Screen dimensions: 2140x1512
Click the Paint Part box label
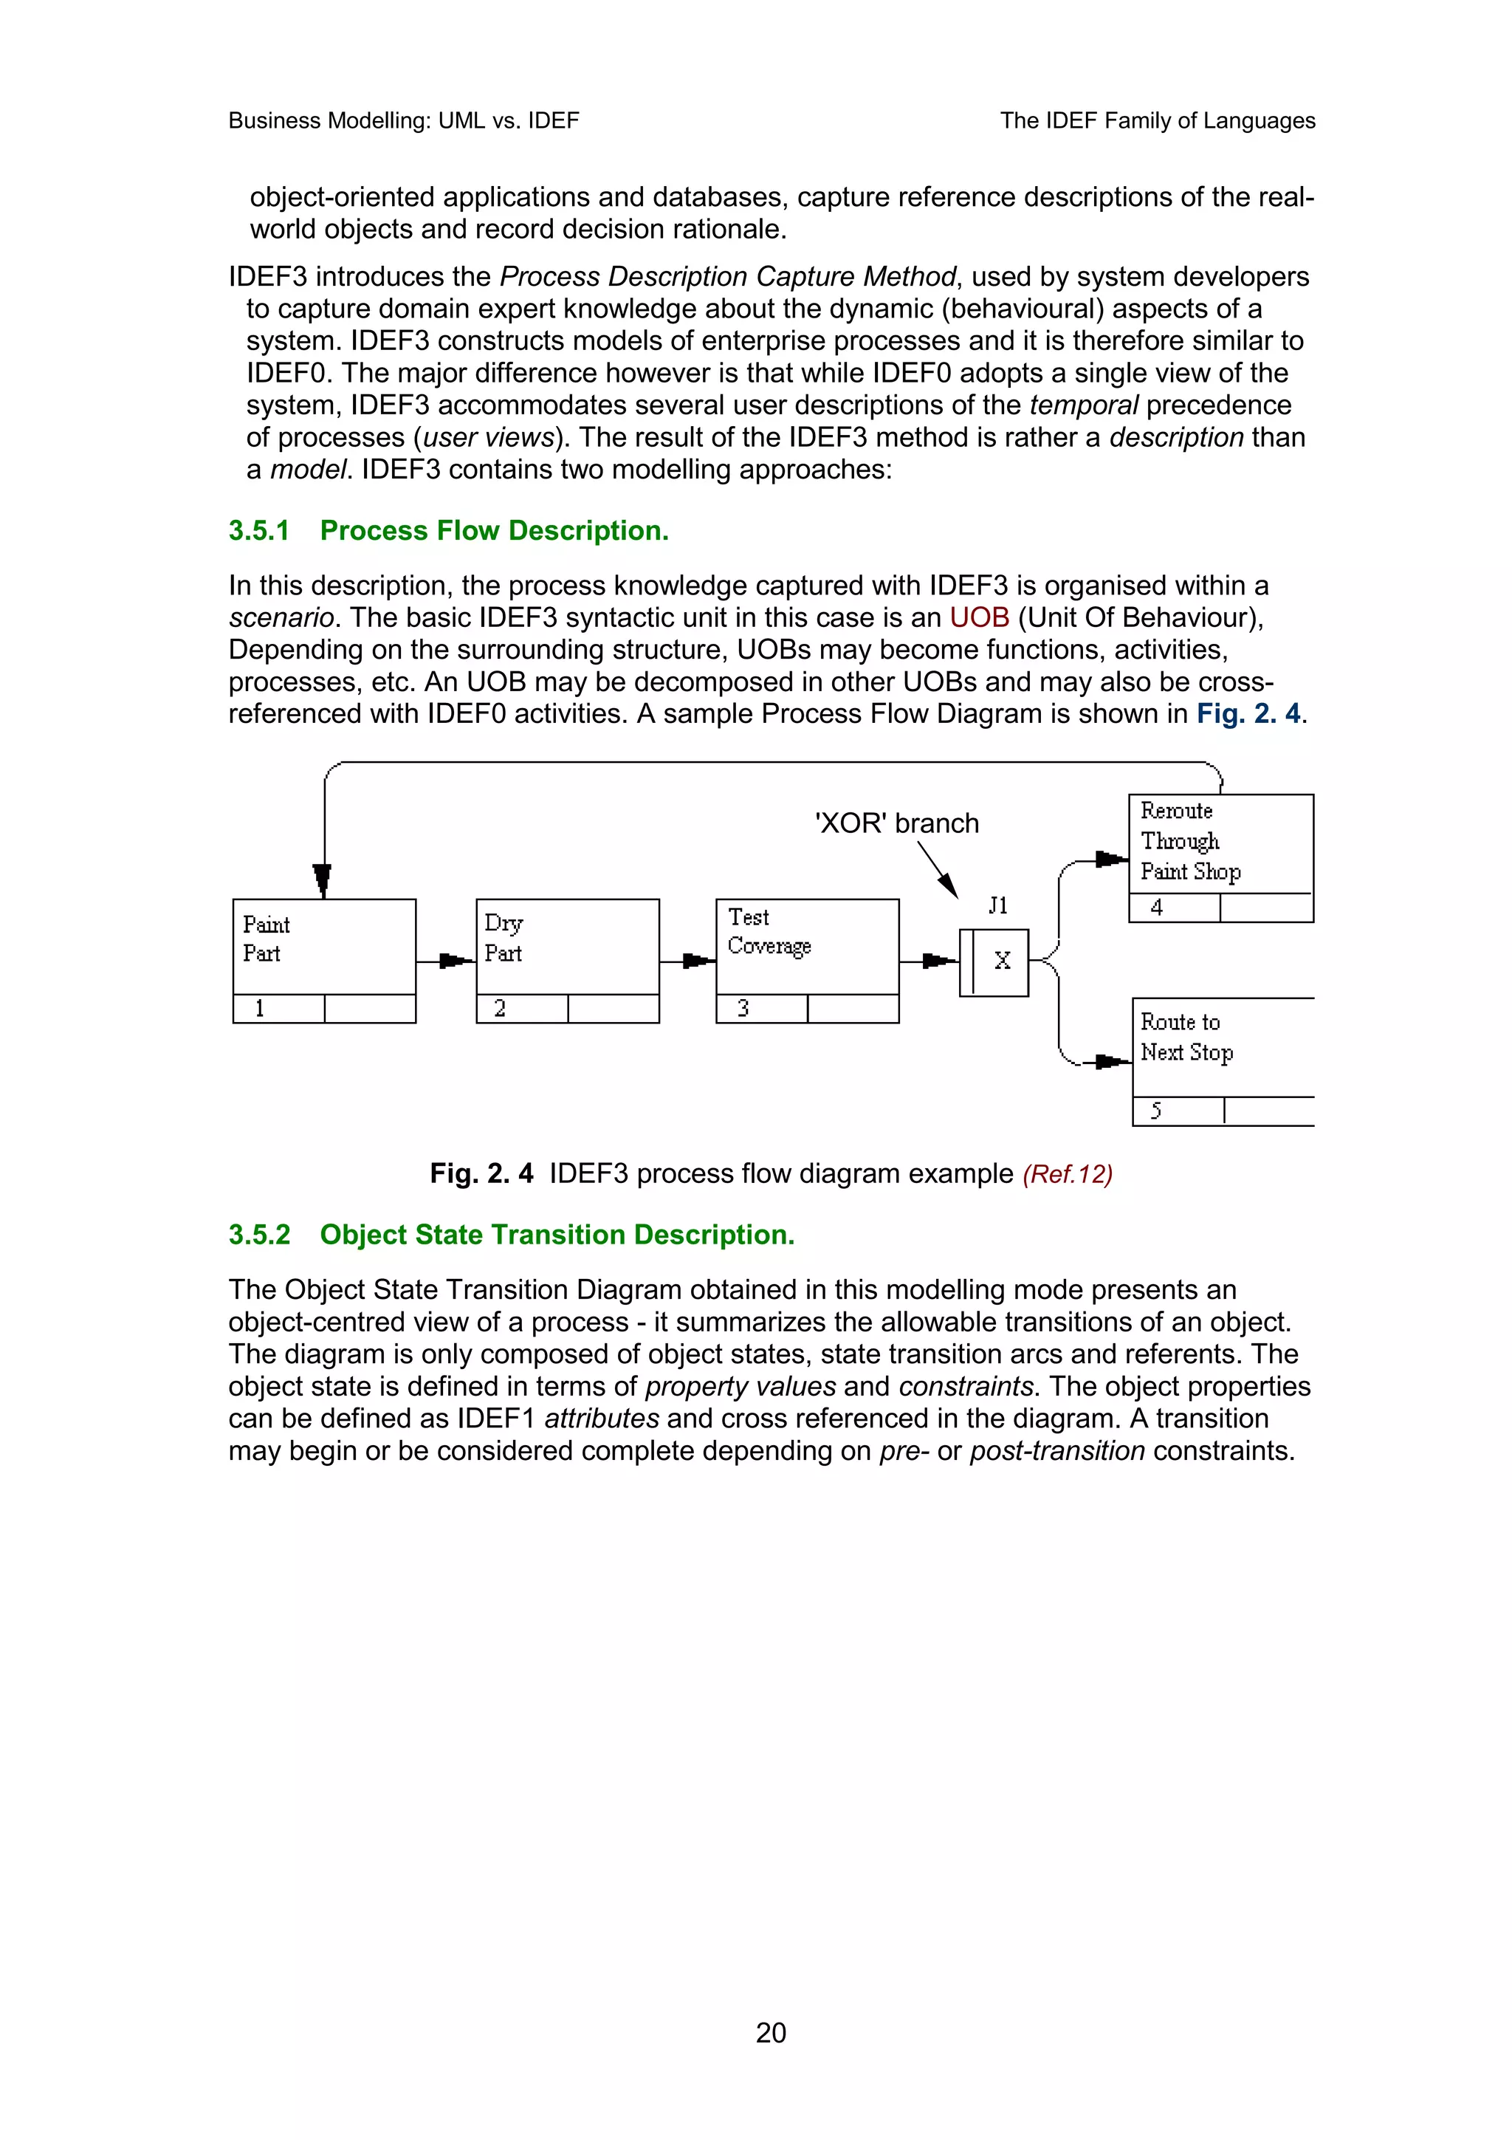point(266,939)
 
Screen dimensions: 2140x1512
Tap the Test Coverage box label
point(768,931)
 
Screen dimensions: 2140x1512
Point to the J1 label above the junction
point(997,905)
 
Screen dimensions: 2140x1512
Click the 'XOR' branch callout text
point(896,823)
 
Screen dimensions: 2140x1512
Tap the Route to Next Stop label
point(1186,1038)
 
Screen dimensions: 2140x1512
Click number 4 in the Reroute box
point(1156,907)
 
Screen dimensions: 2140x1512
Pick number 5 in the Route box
point(1156,1110)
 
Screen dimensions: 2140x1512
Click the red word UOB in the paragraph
point(979,617)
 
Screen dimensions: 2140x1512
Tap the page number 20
point(771,2032)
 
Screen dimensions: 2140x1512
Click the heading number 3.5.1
point(259,530)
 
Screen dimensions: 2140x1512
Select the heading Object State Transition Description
point(557,1234)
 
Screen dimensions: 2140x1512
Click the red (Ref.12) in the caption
point(1067,1173)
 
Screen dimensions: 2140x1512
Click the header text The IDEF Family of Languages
point(1157,120)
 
